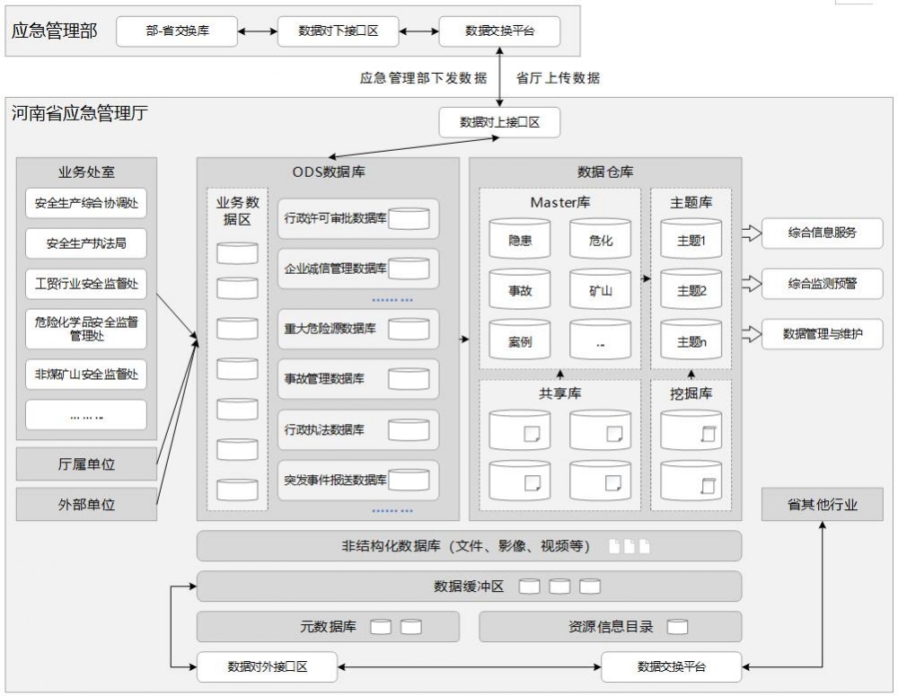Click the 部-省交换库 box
[177, 31]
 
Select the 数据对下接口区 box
[338, 31]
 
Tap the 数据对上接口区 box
[499, 122]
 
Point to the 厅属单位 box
[86, 464]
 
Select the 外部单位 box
[86, 505]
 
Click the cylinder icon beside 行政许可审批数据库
[409, 218]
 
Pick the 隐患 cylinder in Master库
[520, 240]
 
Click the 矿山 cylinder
[600, 290]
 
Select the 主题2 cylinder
[691, 290]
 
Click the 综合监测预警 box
[822, 285]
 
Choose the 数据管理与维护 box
[822, 334]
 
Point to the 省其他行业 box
[822, 505]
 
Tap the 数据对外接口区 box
[268, 666]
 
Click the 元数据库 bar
[328, 627]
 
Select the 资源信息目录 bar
[611, 627]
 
